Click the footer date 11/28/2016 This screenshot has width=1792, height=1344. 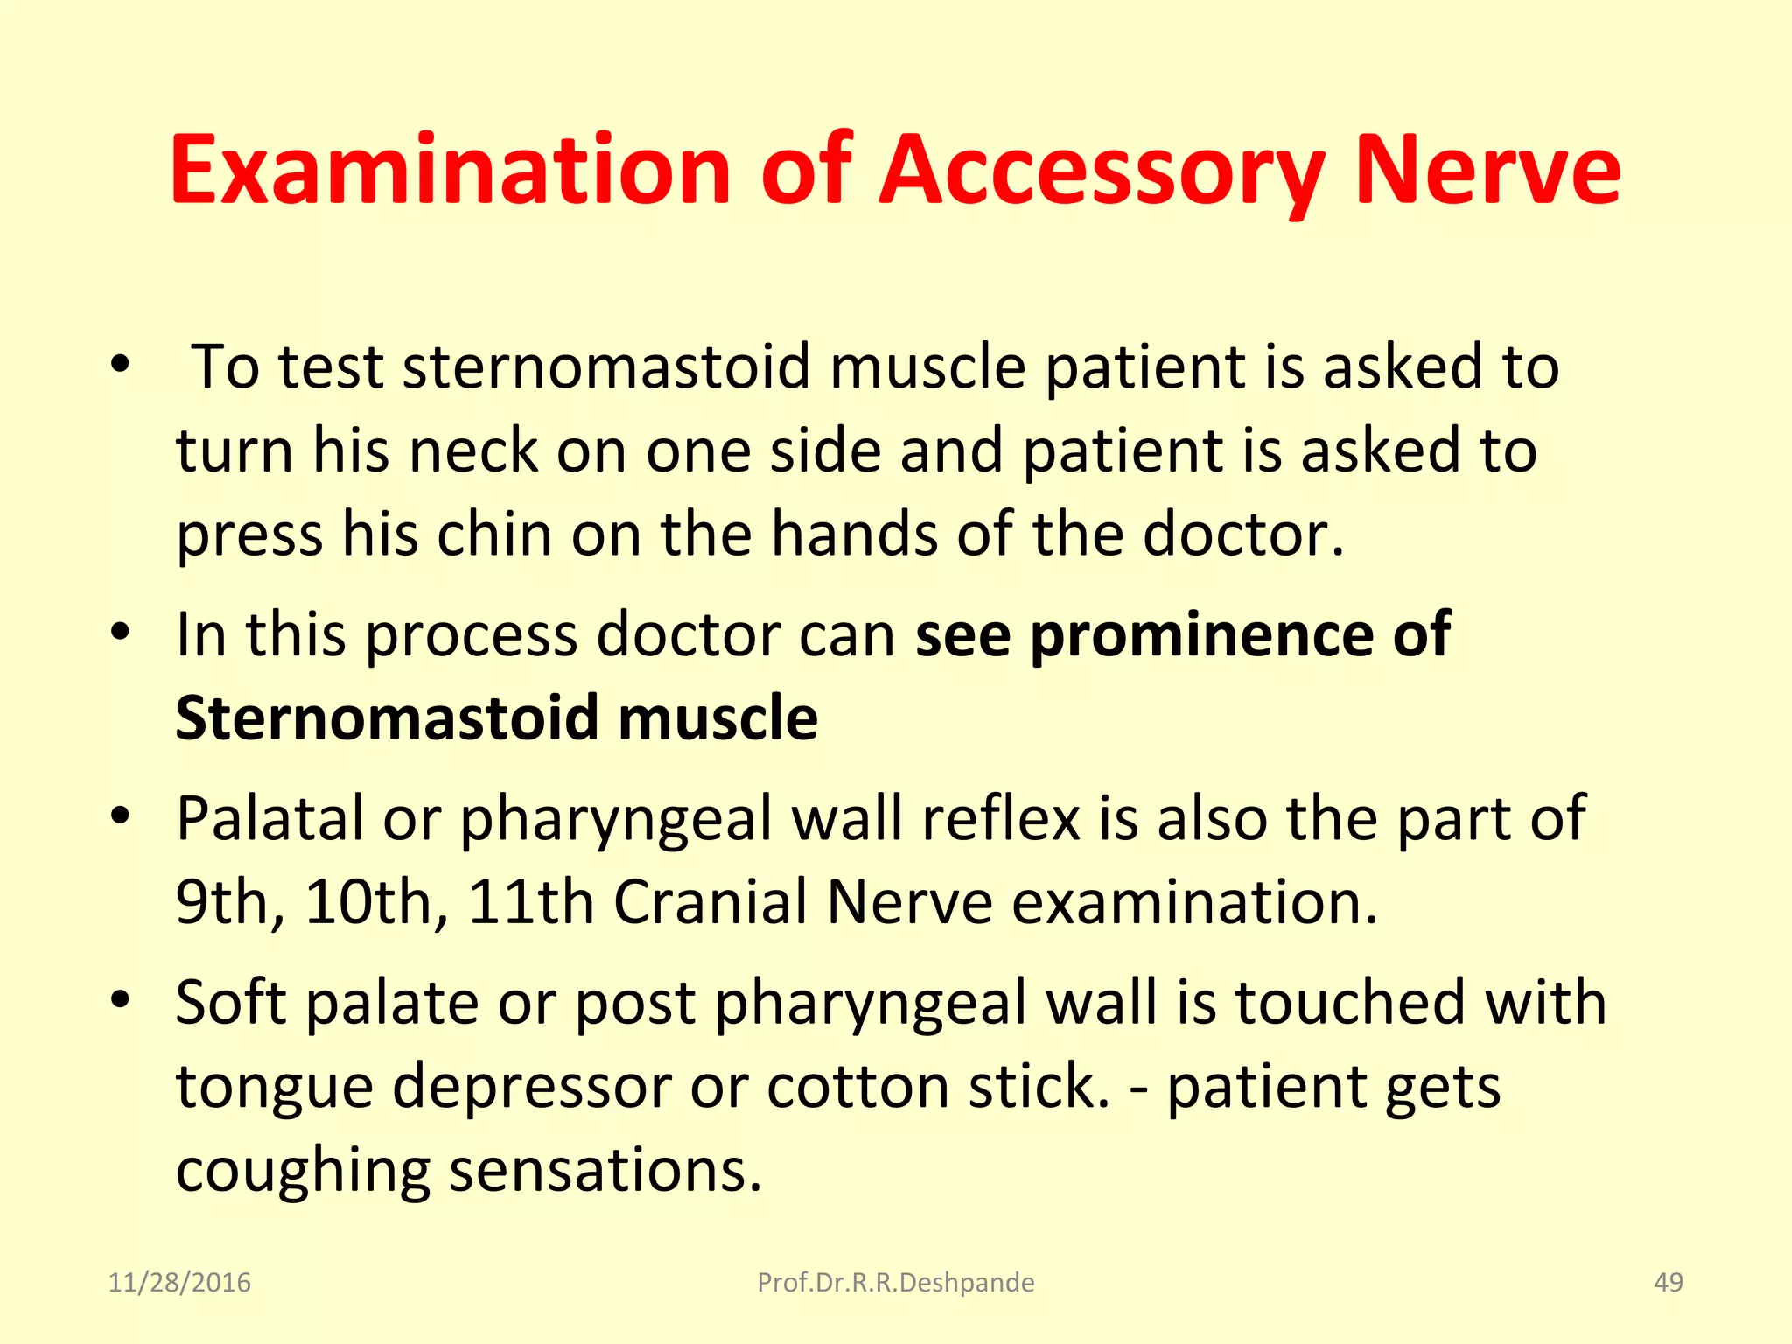[x=179, y=1283]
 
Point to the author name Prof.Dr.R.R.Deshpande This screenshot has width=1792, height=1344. [x=895, y=1283]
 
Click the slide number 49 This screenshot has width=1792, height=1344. [x=1669, y=1283]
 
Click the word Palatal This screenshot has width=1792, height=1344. [x=269, y=818]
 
